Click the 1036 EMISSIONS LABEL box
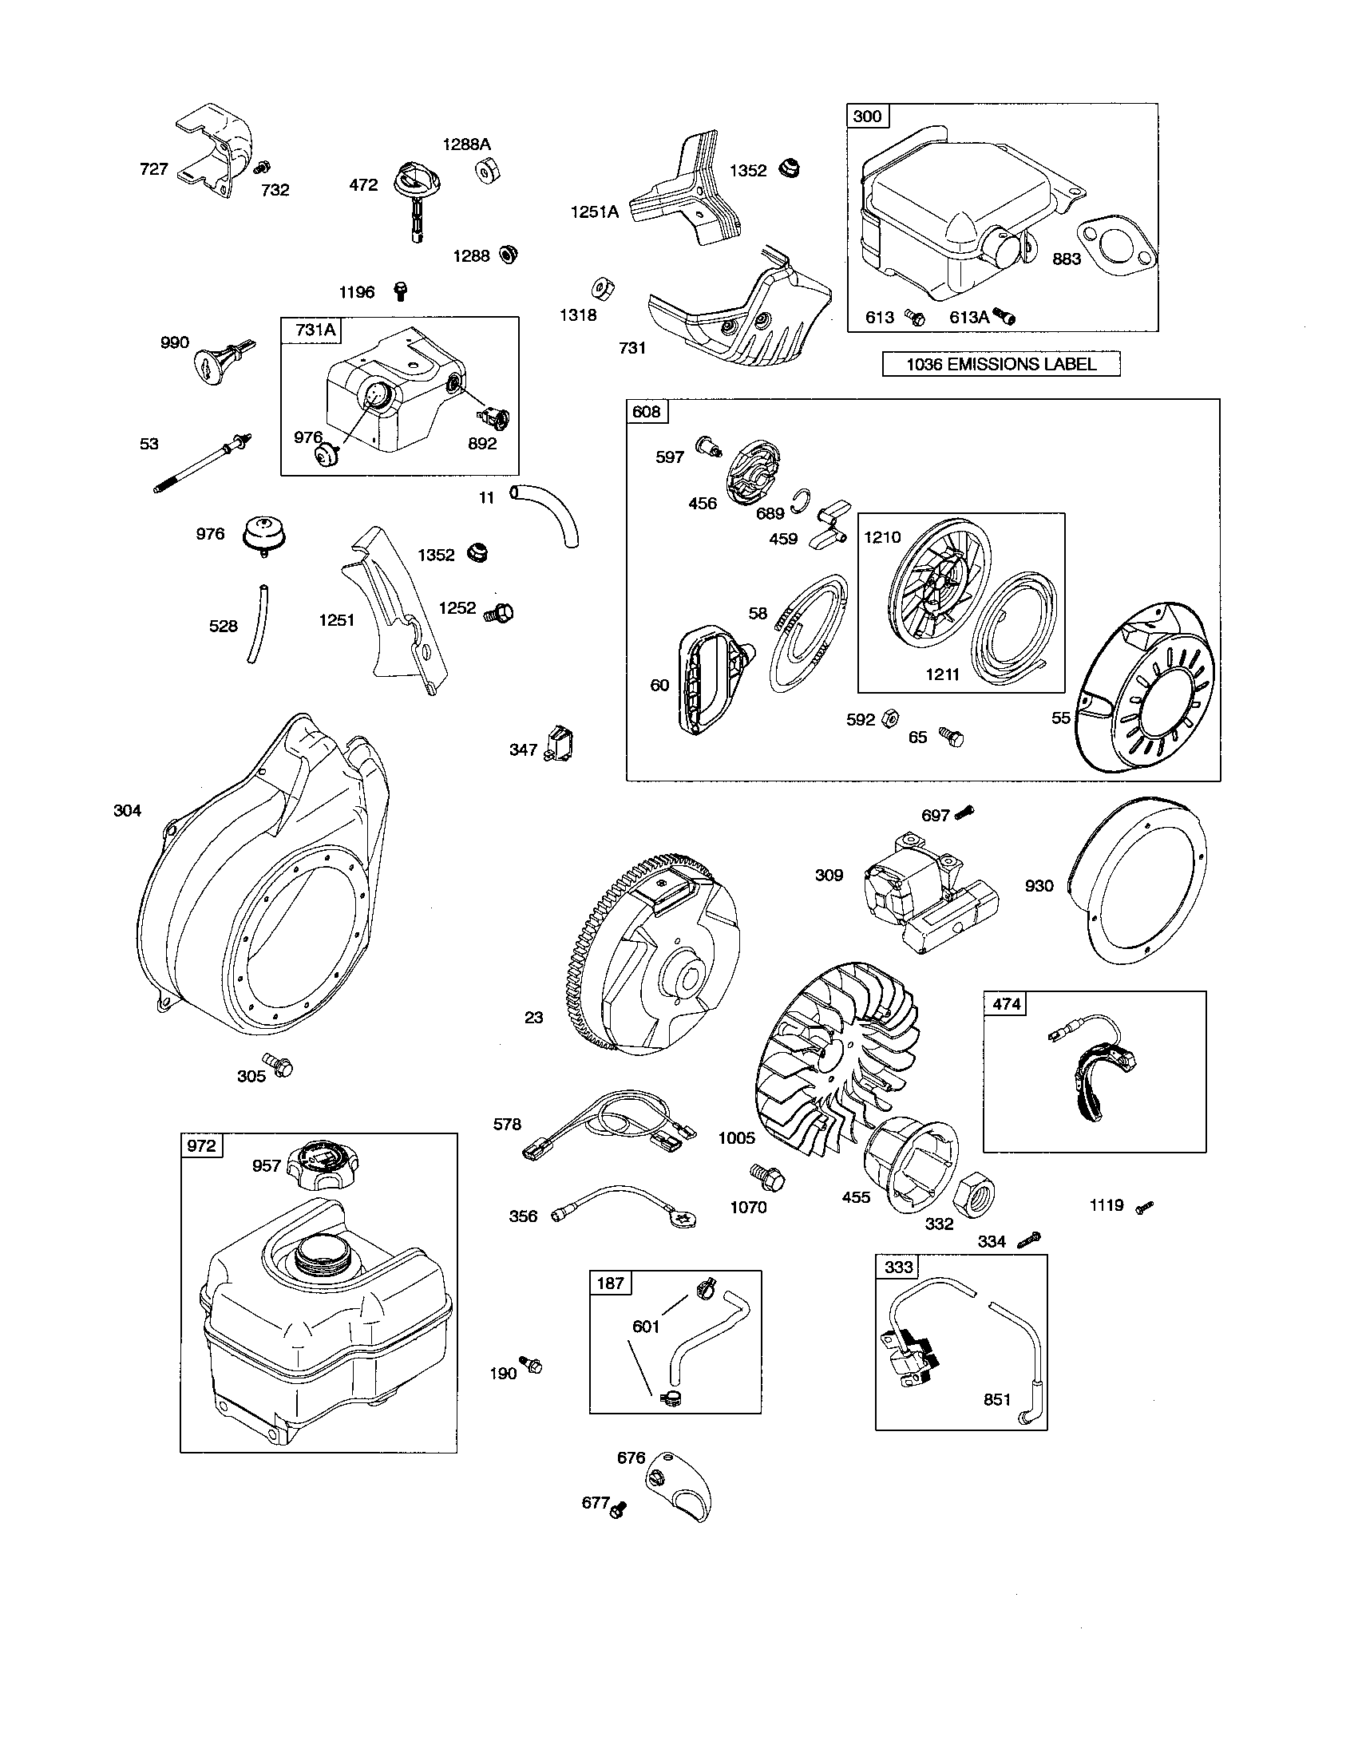point(1000,364)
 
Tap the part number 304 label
point(127,810)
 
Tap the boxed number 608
point(646,412)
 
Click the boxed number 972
point(200,1145)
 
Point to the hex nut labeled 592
point(890,717)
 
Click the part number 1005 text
point(737,1137)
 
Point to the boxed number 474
point(1006,1003)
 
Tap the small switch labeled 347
point(559,742)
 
